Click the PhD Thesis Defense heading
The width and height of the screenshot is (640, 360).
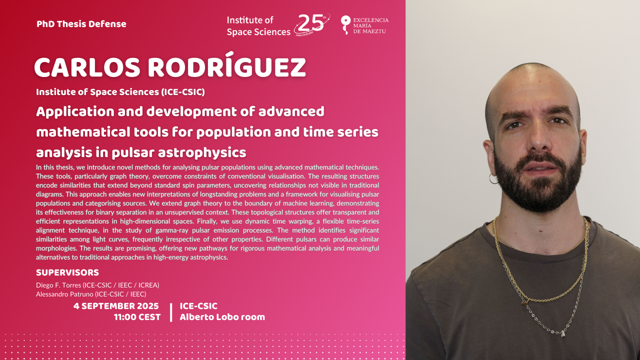[81, 24]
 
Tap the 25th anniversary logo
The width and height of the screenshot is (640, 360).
[312, 24]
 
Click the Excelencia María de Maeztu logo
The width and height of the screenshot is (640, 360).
[364, 25]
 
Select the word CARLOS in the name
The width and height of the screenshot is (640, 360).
[87, 67]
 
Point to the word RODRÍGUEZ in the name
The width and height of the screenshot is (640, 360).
[227, 65]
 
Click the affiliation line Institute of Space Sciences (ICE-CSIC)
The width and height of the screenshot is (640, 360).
[120, 92]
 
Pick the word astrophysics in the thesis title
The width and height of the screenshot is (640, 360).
[202, 153]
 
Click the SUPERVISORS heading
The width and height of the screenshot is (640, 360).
[67, 272]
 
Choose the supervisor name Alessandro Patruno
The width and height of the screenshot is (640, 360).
[64, 294]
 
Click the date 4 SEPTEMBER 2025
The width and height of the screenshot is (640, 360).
[116, 306]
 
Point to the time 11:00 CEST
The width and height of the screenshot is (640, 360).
[137, 317]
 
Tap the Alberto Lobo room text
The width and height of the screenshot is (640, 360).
[222, 317]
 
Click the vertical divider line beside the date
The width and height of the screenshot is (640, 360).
[171, 312]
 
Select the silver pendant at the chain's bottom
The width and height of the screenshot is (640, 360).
[563, 333]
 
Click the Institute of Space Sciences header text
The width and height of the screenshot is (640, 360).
[258, 26]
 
